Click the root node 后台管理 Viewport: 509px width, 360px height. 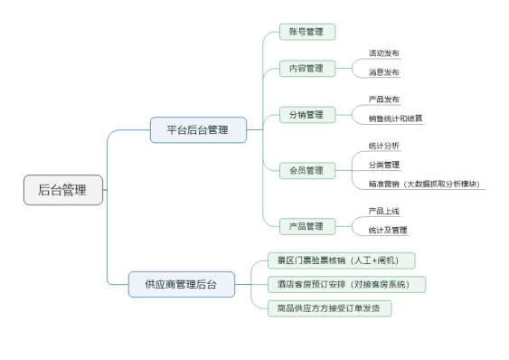pyautogui.click(x=62, y=190)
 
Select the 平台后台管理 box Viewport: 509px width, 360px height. pyautogui.click(x=198, y=130)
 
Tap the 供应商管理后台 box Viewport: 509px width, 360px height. pyautogui.click(x=180, y=285)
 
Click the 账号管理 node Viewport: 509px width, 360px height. pyautogui.click(x=307, y=33)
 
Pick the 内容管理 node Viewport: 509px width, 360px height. pyautogui.click(x=307, y=69)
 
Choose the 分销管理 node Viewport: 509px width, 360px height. pyautogui.click(x=307, y=115)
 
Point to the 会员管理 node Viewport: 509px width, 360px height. pyautogui.click(x=307, y=170)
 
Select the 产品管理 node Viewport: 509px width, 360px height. pyautogui.click(x=307, y=225)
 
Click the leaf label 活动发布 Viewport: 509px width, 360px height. pyautogui.click(x=383, y=53)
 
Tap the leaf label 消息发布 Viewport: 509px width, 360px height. pyautogui.click(x=383, y=72)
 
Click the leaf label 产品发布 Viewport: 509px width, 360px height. pyautogui.click(x=383, y=99)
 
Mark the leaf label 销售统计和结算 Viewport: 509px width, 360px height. pyautogui.click(x=395, y=118)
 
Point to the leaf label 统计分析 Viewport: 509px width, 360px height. pyautogui.click(x=383, y=146)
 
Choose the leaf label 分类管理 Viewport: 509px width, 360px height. pyautogui.click(x=383, y=165)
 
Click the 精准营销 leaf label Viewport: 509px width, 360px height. pyautogui.click(x=424, y=184)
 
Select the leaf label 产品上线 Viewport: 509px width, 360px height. pyautogui.click(x=383, y=211)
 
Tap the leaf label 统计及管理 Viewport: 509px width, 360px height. pyautogui.click(x=387, y=230)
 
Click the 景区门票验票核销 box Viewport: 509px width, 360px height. pyautogui.click(x=341, y=261)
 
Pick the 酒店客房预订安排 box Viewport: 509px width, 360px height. pyautogui.click(x=345, y=284)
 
